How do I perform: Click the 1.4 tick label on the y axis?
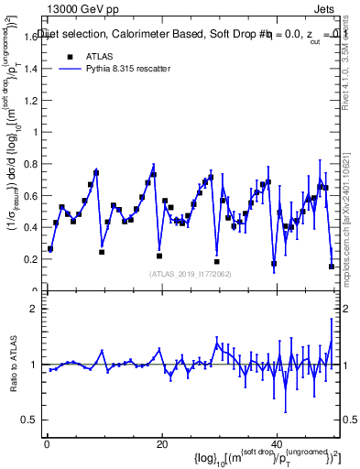click(30, 68)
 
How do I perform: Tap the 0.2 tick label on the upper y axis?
click(30, 259)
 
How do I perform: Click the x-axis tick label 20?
click(161, 444)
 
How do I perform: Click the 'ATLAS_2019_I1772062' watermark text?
click(190, 273)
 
